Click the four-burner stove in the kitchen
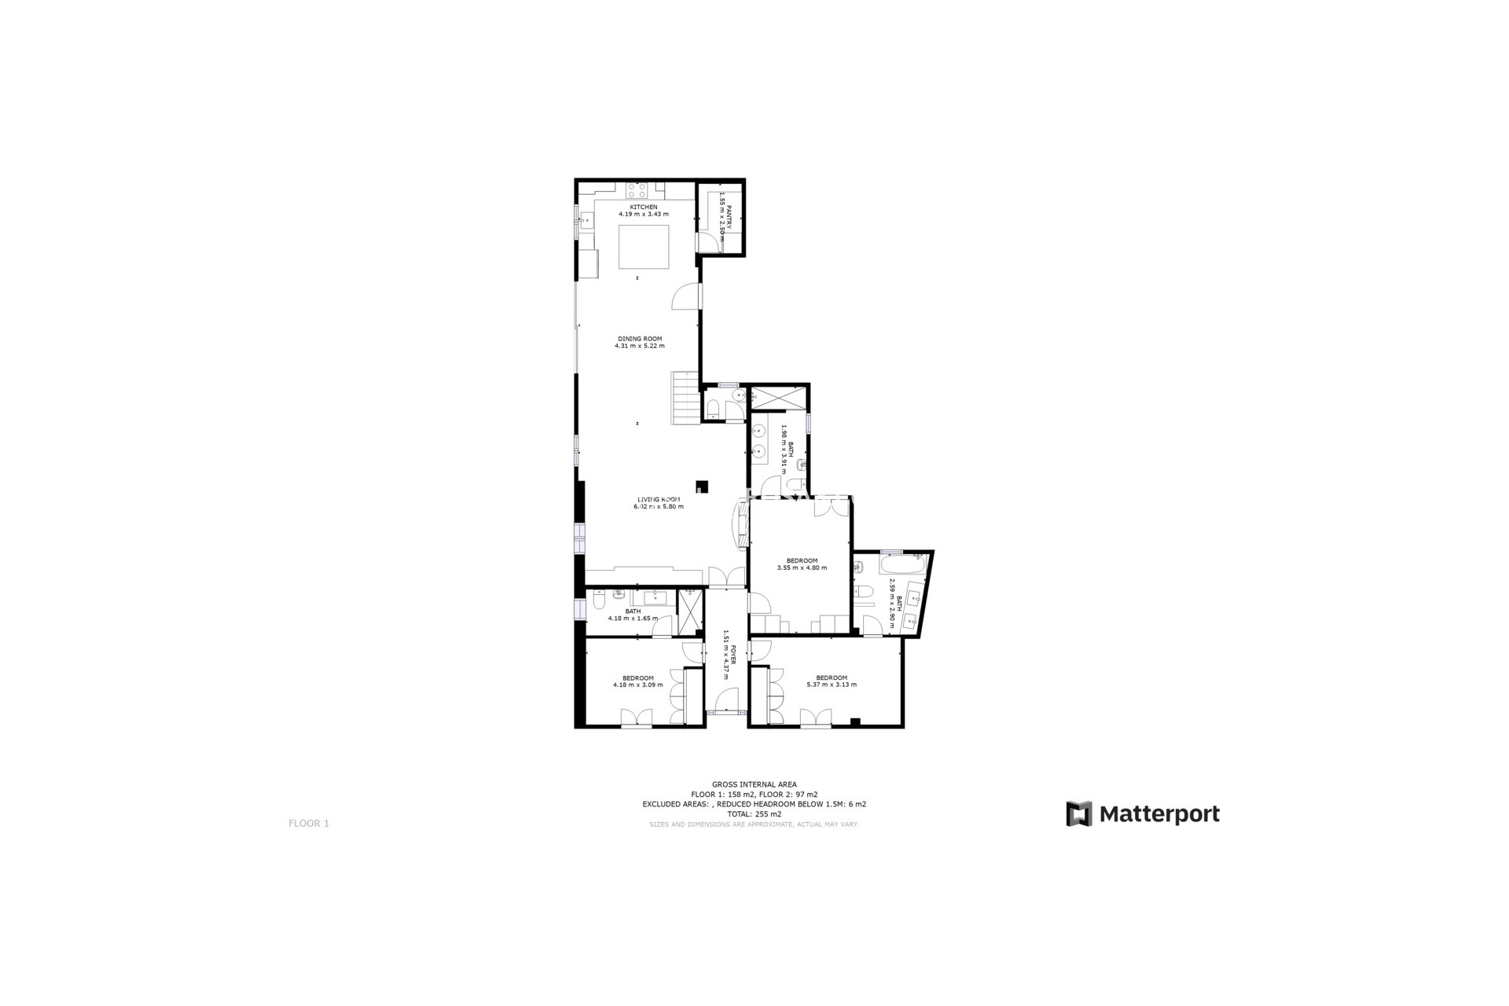click(637, 190)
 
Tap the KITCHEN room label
click(644, 207)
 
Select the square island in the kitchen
click(644, 247)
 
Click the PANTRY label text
click(729, 218)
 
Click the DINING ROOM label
click(640, 339)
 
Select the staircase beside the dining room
click(685, 398)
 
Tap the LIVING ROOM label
click(659, 500)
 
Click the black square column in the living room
click(702, 486)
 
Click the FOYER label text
click(733, 655)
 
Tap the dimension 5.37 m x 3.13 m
click(832, 685)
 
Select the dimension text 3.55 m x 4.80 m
click(802, 568)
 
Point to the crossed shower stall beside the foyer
click(690, 610)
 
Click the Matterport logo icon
click(1079, 814)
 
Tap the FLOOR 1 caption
click(309, 824)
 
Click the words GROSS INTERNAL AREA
click(754, 784)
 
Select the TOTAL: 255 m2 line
click(754, 814)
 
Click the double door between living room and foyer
click(726, 578)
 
